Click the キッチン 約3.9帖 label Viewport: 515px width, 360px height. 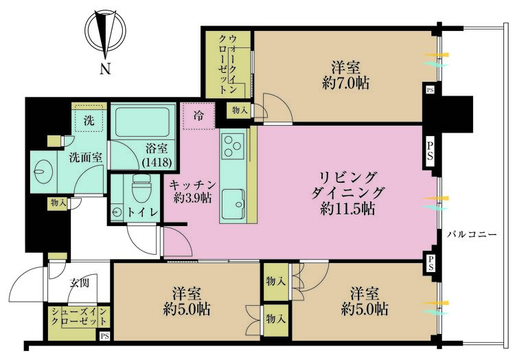click(x=193, y=191)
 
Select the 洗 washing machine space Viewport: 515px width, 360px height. click(x=90, y=120)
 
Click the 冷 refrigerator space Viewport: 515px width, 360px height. click(x=198, y=116)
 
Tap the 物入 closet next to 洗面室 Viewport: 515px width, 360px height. click(x=58, y=203)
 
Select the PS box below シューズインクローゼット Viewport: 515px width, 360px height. click(x=104, y=337)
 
